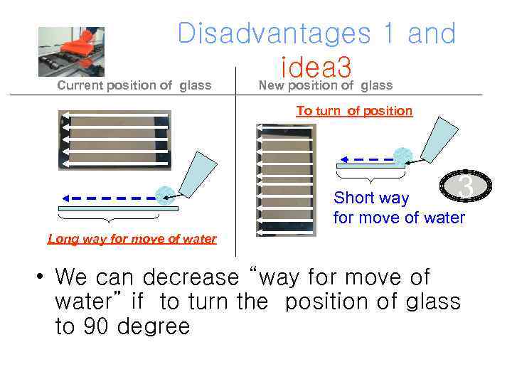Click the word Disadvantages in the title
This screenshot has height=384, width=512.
(x=272, y=33)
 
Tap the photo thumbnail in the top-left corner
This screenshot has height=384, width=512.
(x=71, y=51)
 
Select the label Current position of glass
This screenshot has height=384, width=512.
(x=134, y=86)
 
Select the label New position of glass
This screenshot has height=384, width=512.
(x=325, y=86)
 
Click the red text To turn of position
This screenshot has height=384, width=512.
(x=354, y=111)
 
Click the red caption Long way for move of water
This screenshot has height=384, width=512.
(x=132, y=239)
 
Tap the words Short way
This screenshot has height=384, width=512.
(x=371, y=198)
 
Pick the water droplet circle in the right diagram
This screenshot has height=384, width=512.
(x=403, y=156)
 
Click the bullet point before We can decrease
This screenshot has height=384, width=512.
(x=43, y=276)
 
